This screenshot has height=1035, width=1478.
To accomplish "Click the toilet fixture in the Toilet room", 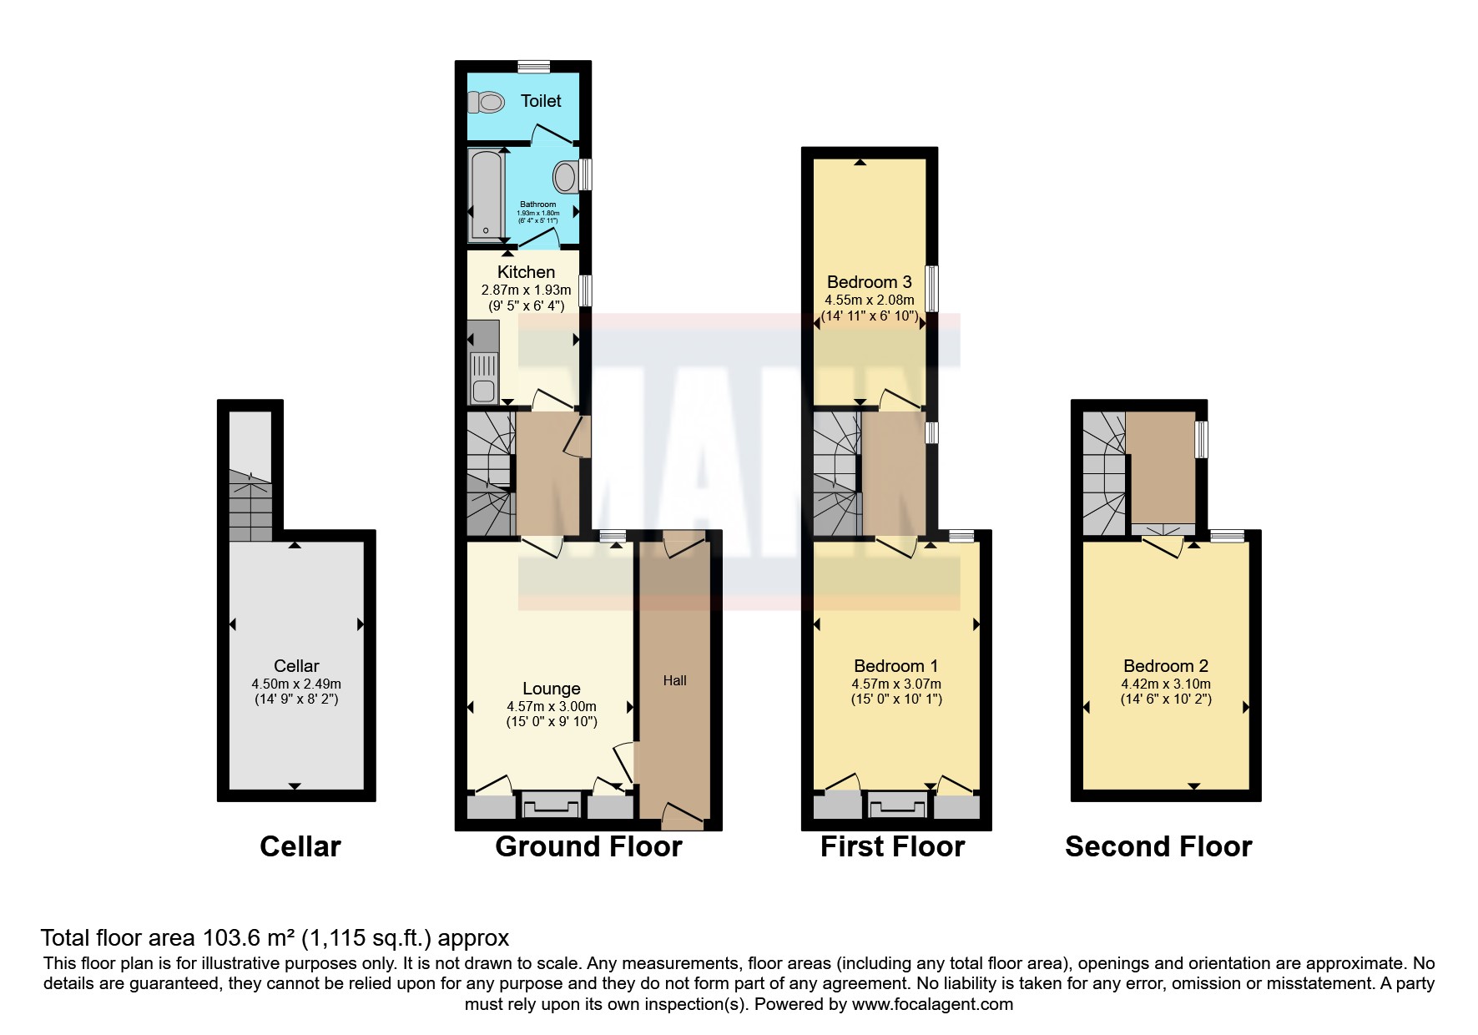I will pos(487,103).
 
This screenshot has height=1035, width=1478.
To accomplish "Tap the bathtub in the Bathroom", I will pos(483,197).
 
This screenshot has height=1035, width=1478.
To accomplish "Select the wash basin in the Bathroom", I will pos(566,176).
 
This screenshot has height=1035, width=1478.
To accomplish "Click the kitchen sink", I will pos(483,377).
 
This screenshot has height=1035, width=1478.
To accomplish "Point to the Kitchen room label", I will pos(526,272).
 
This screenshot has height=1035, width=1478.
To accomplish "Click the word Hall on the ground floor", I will pos(674,680).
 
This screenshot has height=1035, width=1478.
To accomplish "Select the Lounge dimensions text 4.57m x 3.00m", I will pos(551,706).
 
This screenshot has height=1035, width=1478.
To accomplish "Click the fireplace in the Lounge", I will pos(550,806).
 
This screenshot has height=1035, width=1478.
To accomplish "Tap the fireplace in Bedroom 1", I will pos(897,806).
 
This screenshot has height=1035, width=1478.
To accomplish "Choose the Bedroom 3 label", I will pos(869,282).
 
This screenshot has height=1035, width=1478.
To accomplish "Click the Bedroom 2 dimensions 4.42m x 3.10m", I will pos(1165,684).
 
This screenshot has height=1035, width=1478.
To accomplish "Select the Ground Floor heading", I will pos(588,846).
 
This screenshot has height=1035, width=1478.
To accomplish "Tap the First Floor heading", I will pos(892,846).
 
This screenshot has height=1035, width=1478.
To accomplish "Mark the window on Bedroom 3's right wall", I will pos(932,289).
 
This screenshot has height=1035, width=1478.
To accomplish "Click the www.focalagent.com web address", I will pos(932,1004).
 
